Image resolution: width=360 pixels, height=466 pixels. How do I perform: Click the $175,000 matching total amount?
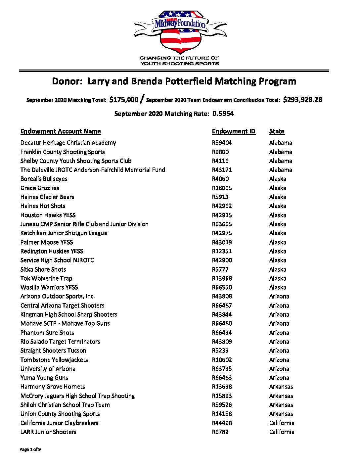(124, 100)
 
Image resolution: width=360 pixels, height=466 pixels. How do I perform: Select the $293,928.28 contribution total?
(302, 100)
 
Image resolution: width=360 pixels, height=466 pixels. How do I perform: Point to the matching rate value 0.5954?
(223, 114)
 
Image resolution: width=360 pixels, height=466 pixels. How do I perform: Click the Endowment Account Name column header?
(61, 131)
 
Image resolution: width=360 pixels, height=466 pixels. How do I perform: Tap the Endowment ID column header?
(234, 131)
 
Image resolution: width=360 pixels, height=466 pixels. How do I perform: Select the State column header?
(277, 131)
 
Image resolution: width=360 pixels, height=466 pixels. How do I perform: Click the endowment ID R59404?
(222, 143)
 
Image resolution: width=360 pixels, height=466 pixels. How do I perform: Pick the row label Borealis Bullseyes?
(44, 179)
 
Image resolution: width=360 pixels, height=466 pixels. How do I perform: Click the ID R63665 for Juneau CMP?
(222, 224)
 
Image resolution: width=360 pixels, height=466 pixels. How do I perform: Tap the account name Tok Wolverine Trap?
(46, 278)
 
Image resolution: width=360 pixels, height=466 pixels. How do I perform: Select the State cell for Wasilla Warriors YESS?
(278, 287)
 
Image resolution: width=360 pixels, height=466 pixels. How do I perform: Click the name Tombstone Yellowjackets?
(54, 360)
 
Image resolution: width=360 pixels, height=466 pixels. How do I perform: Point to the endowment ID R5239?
(220, 350)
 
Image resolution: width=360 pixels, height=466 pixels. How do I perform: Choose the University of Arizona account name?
(48, 369)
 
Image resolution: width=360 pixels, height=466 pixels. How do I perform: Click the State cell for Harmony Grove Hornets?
(281, 387)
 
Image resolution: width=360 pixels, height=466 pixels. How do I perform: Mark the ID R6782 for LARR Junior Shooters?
(220, 432)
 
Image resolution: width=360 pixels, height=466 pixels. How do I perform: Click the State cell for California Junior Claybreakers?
(282, 423)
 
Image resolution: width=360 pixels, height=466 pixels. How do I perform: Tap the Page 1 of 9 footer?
(30, 449)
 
